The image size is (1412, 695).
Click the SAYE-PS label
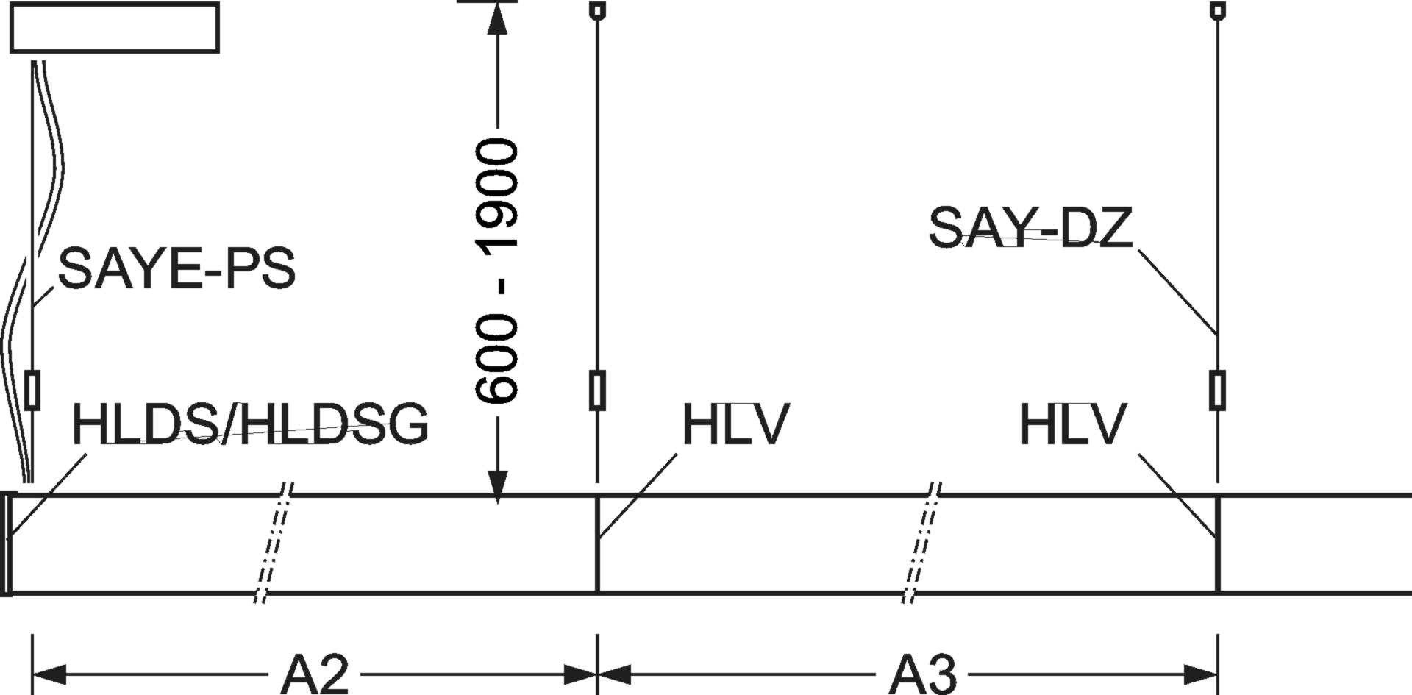176,268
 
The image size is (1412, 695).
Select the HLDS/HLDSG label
250,424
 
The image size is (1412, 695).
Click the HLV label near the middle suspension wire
735,424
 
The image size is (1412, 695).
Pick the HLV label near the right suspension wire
1073,424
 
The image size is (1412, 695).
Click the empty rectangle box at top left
114,28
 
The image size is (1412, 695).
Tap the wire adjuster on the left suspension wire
32,391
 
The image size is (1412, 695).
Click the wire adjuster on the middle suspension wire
598,391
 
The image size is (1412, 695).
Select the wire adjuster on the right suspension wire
1218,391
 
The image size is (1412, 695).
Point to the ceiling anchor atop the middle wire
598,10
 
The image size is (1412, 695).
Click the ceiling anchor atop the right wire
1218,10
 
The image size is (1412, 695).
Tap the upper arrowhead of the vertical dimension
498,18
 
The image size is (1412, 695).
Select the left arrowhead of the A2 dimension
49,674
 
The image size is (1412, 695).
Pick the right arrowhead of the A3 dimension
1201,674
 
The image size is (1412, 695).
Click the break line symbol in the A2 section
274,543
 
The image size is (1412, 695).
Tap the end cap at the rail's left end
7,543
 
